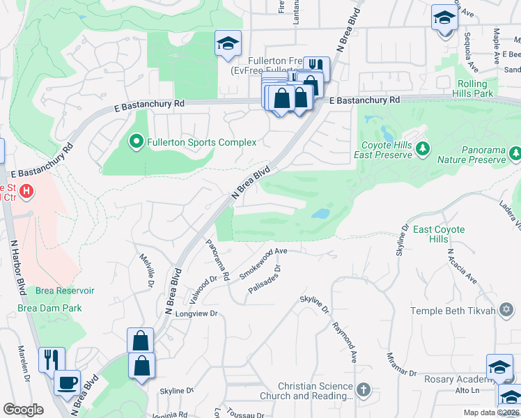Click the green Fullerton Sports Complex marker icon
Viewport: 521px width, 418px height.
[x=137, y=143]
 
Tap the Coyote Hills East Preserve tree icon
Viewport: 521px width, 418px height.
[x=421, y=149]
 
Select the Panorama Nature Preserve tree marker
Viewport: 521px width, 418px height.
[x=515, y=152]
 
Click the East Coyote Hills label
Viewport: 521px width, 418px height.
[x=440, y=234]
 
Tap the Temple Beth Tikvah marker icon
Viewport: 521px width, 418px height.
[x=505, y=311]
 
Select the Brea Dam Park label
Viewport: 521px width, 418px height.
[x=50, y=308]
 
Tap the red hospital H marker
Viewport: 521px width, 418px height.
[x=26, y=189]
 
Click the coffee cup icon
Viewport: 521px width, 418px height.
[x=68, y=382]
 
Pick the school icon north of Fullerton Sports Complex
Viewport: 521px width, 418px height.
[x=227, y=44]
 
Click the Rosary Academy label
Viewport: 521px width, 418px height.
[x=456, y=379]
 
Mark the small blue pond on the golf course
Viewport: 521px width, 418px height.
[x=320, y=214]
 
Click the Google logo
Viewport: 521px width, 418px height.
[x=23, y=410]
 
